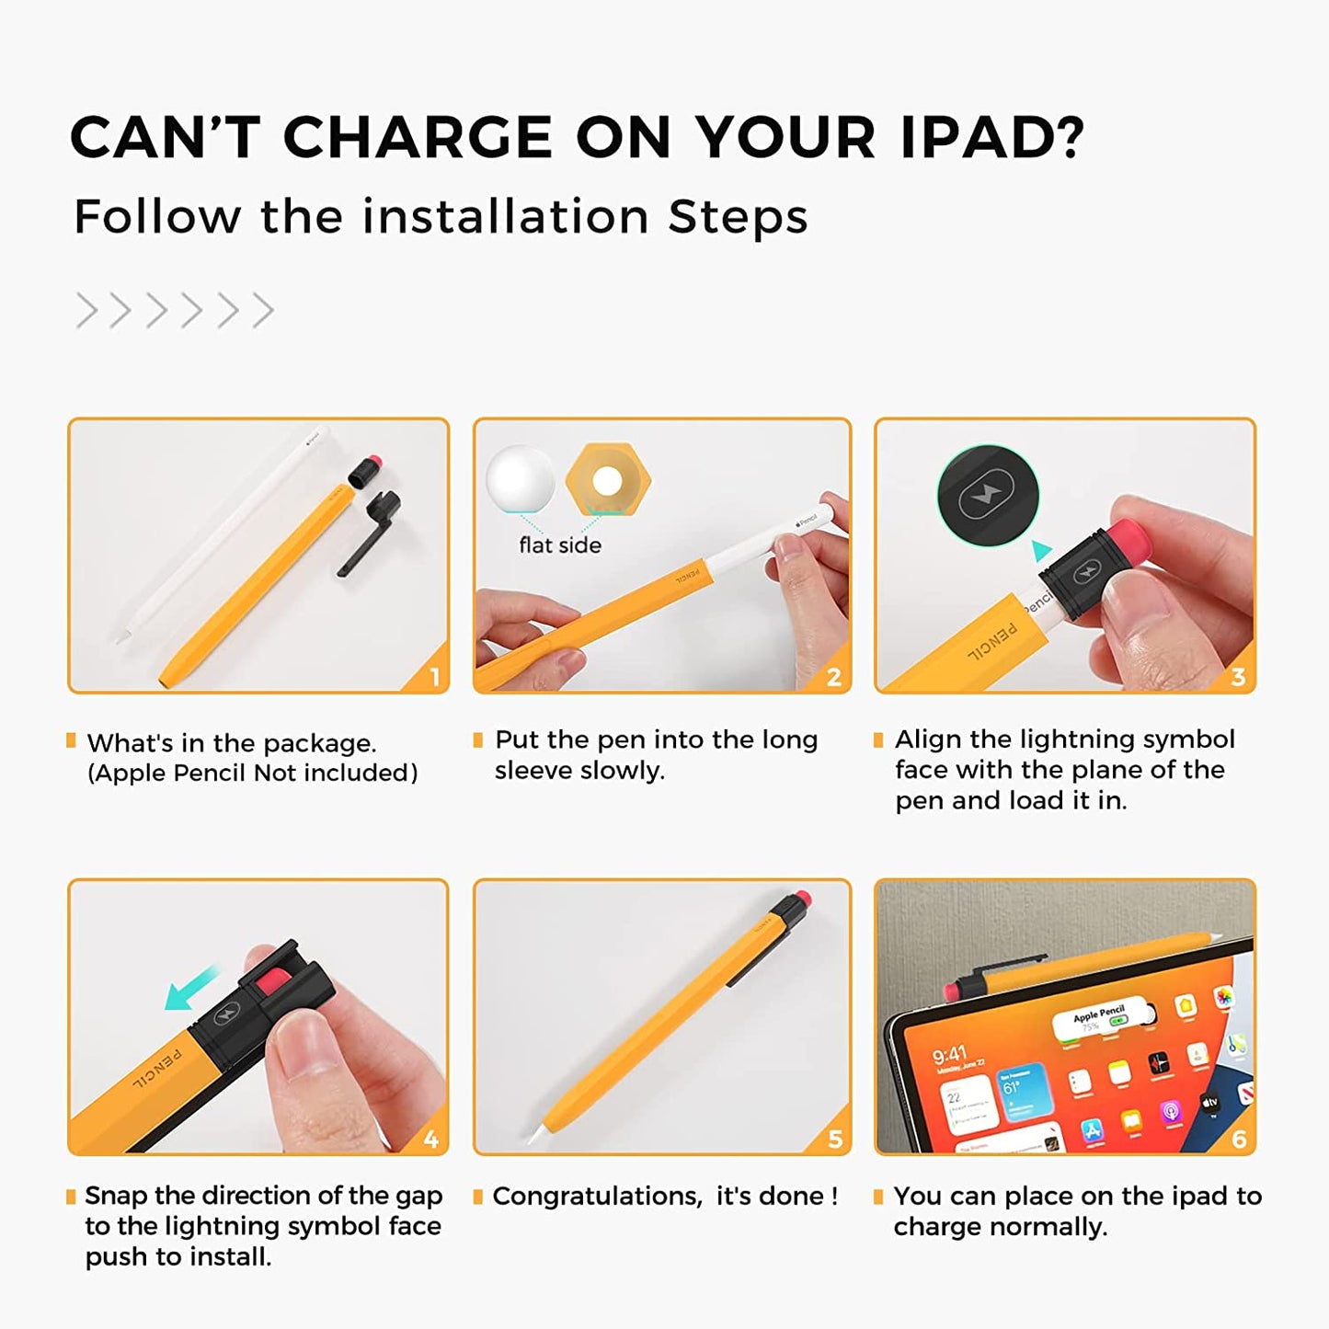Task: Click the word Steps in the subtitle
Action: click(x=738, y=216)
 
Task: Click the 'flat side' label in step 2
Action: click(x=560, y=545)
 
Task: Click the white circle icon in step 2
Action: click(x=520, y=478)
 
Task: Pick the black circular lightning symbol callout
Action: click(x=989, y=496)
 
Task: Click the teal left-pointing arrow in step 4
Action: click(x=192, y=989)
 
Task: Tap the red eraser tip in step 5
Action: click(x=803, y=898)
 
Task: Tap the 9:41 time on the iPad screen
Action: click(x=950, y=1055)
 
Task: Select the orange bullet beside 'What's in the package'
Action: click(x=71, y=740)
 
